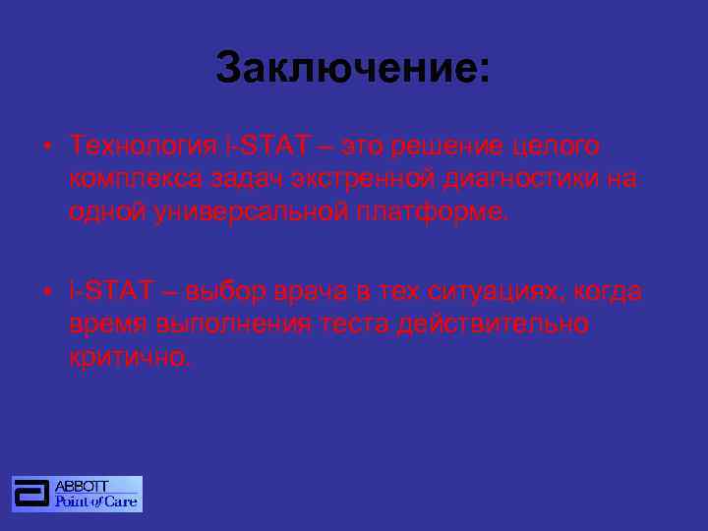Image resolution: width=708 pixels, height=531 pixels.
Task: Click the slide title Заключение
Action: coord(352,69)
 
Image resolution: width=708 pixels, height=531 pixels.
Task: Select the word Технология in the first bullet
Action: coord(143,147)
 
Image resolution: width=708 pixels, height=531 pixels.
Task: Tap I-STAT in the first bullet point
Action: coord(266,147)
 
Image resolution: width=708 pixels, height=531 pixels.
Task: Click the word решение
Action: coord(452,147)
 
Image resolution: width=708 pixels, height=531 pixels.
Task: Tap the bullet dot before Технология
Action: coord(47,147)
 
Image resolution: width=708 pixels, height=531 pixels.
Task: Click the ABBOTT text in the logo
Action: coord(82,486)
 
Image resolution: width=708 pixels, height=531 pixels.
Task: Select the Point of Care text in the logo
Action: coord(96,501)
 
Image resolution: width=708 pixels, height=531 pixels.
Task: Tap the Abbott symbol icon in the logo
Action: coord(31,494)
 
